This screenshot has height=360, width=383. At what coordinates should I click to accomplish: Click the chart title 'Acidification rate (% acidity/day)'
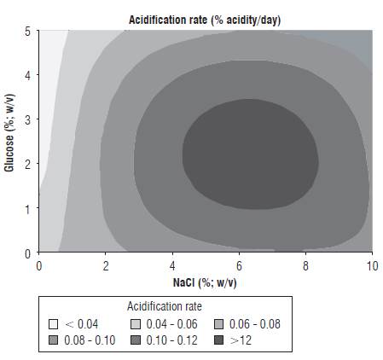tap(204, 19)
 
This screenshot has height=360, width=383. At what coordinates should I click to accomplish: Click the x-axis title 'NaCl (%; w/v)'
tap(206, 281)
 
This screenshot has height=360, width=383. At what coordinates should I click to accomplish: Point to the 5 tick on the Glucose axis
tap(29, 31)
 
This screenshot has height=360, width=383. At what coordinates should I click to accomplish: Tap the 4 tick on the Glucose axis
tap(29, 75)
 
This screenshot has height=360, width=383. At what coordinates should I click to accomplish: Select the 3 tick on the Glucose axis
tap(29, 119)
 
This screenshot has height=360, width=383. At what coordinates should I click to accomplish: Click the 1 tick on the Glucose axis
tap(29, 208)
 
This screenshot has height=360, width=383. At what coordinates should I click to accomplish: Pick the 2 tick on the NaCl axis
tap(105, 265)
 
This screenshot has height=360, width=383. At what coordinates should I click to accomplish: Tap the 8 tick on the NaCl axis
tap(305, 265)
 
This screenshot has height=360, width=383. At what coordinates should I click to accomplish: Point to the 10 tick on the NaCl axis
tap(372, 265)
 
